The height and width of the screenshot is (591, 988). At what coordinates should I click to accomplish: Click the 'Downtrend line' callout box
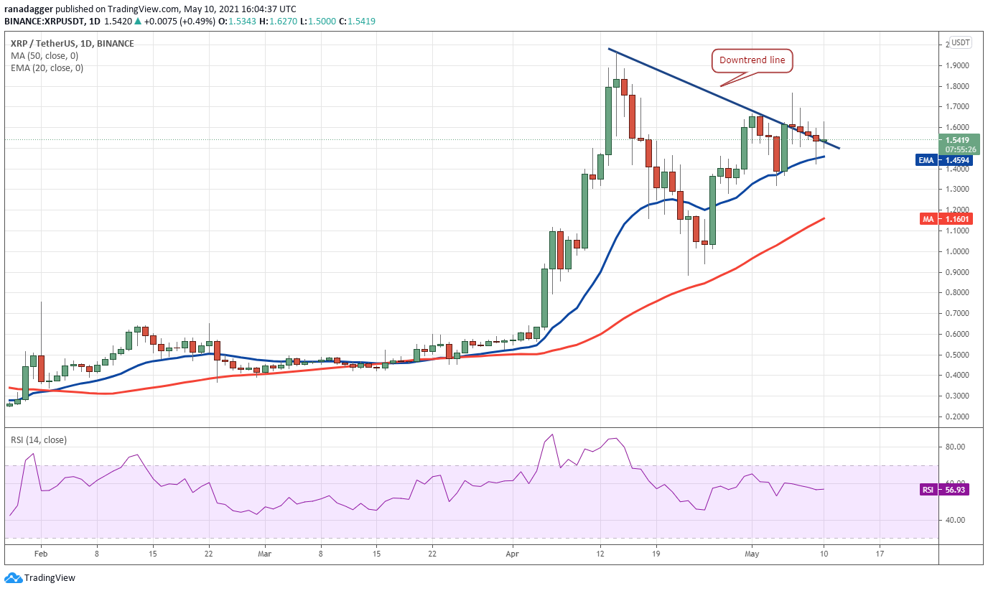tap(752, 61)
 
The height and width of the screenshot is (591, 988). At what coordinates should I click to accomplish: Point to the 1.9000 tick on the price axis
tap(958, 65)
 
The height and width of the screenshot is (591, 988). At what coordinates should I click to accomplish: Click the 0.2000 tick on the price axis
tap(958, 417)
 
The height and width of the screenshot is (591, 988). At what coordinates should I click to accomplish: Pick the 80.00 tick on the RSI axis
tap(956, 447)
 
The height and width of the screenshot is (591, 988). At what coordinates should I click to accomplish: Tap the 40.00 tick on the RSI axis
tap(956, 520)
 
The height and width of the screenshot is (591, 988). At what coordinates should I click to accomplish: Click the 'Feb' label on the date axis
tap(41, 554)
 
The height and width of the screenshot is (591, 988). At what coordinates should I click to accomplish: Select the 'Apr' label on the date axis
tap(512, 554)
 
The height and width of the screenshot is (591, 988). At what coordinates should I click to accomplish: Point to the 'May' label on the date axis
tap(752, 554)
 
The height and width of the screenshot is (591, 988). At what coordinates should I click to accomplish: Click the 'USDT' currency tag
tap(959, 42)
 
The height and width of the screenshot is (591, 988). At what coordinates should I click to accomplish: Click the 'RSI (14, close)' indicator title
tap(39, 440)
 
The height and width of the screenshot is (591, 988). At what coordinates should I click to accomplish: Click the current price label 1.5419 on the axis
tap(958, 140)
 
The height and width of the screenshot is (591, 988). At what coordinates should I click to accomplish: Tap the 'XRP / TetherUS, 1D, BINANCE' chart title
tap(72, 44)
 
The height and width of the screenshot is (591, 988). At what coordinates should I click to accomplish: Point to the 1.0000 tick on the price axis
tap(958, 251)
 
